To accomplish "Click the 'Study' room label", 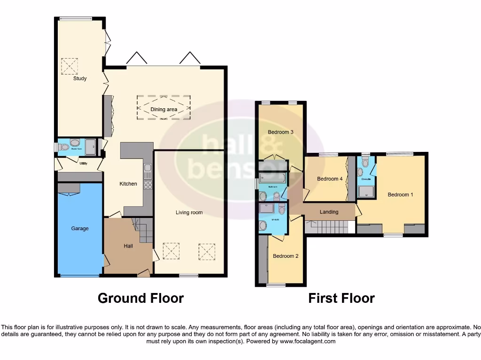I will pos(80,78).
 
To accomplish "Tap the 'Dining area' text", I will pos(163,110).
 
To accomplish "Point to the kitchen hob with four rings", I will pos(147,184).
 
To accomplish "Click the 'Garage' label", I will pos(80,228).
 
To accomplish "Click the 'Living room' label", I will pos(189,212).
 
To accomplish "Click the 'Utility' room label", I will pos(84,164).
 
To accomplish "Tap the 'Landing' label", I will pos(329,212).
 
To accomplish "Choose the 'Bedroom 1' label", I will pos(400,194).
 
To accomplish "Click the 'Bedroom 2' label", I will pos(286,256).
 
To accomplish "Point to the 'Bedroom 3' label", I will pos(280,132).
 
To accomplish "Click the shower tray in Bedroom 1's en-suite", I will pos(365,191).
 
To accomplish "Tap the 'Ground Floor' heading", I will pos(140,298).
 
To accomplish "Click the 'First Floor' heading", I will pos(341,298).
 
